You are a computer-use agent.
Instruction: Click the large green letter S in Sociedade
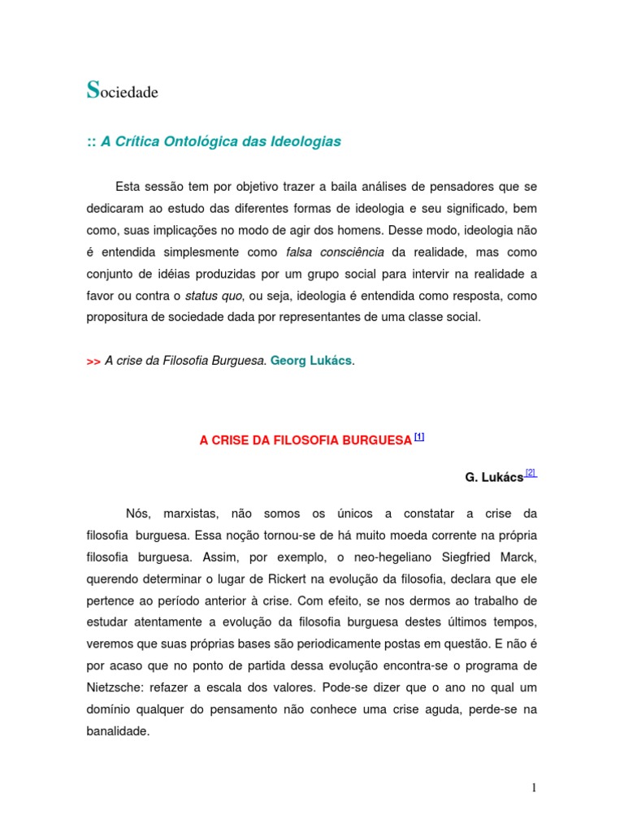click(93, 90)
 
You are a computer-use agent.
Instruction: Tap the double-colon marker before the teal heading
click(91, 142)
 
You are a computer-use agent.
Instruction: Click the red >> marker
click(93, 362)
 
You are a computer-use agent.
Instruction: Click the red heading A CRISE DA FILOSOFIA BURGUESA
click(305, 440)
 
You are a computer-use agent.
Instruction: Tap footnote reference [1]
click(419, 436)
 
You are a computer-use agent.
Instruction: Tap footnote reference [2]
click(531, 473)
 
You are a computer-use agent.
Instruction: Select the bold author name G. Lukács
click(494, 477)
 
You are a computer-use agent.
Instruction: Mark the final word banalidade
click(118, 730)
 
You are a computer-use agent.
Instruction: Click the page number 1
click(534, 787)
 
